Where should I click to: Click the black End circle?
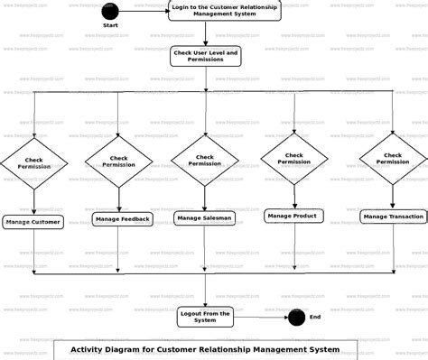click(x=296, y=317)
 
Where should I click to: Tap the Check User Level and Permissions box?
click(x=205, y=57)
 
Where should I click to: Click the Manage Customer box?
click(x=33, y=222)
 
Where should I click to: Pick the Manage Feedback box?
click(x=121, y=219)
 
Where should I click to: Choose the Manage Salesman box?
click(x=205, y=217)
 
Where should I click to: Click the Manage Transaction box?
click(x=393, y=217)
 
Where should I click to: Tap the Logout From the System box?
click(x=205, y=316)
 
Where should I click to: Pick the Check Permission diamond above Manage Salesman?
click(x=205, y=160)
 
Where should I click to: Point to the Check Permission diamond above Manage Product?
click(x=294, y=158)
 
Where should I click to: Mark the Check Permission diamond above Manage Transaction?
click(x=393, y=158)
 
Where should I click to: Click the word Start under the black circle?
click(x=110, y=26)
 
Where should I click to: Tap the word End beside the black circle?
click(x=315, y=317)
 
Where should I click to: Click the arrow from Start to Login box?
click(x=143, y=12)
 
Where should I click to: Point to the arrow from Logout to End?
click(x=262, y=317)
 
